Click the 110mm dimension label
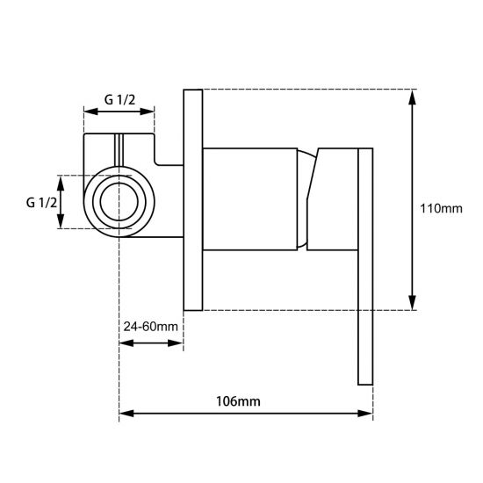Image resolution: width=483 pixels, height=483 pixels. [441, 208]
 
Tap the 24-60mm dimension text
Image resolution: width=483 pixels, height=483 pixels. [151, 327]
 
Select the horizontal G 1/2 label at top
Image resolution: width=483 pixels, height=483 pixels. [119, 99]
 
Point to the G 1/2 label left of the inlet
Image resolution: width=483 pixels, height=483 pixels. [41, 202]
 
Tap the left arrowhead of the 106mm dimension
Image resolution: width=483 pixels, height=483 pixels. [124, 412]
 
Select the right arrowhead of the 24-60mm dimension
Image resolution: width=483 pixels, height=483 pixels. [177, 342]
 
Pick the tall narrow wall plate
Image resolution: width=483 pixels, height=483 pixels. [193, 199]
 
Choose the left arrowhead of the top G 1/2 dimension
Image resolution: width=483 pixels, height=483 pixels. [88, 112]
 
